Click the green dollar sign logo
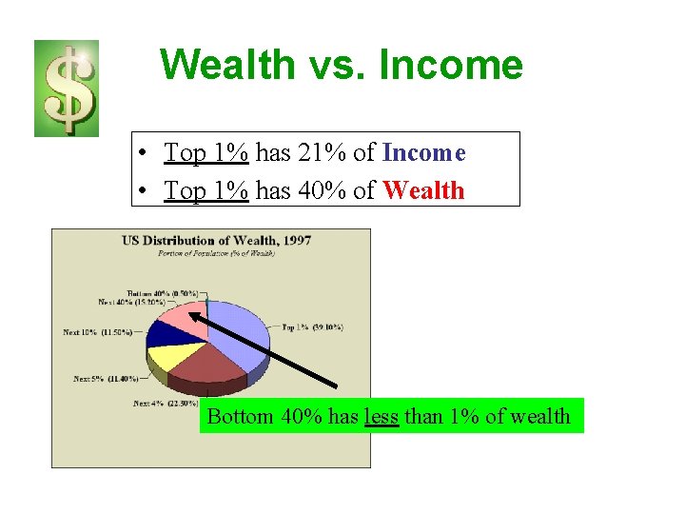[67, 89]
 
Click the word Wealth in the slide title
[228, 65]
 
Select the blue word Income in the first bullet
[423, 152]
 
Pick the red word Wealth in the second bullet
[423, 190]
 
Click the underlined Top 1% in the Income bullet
[206, 152]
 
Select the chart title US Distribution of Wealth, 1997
[216, 240]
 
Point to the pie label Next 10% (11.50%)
[97, 332]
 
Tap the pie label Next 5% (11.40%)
[106, 379]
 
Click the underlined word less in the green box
[382, 416]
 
